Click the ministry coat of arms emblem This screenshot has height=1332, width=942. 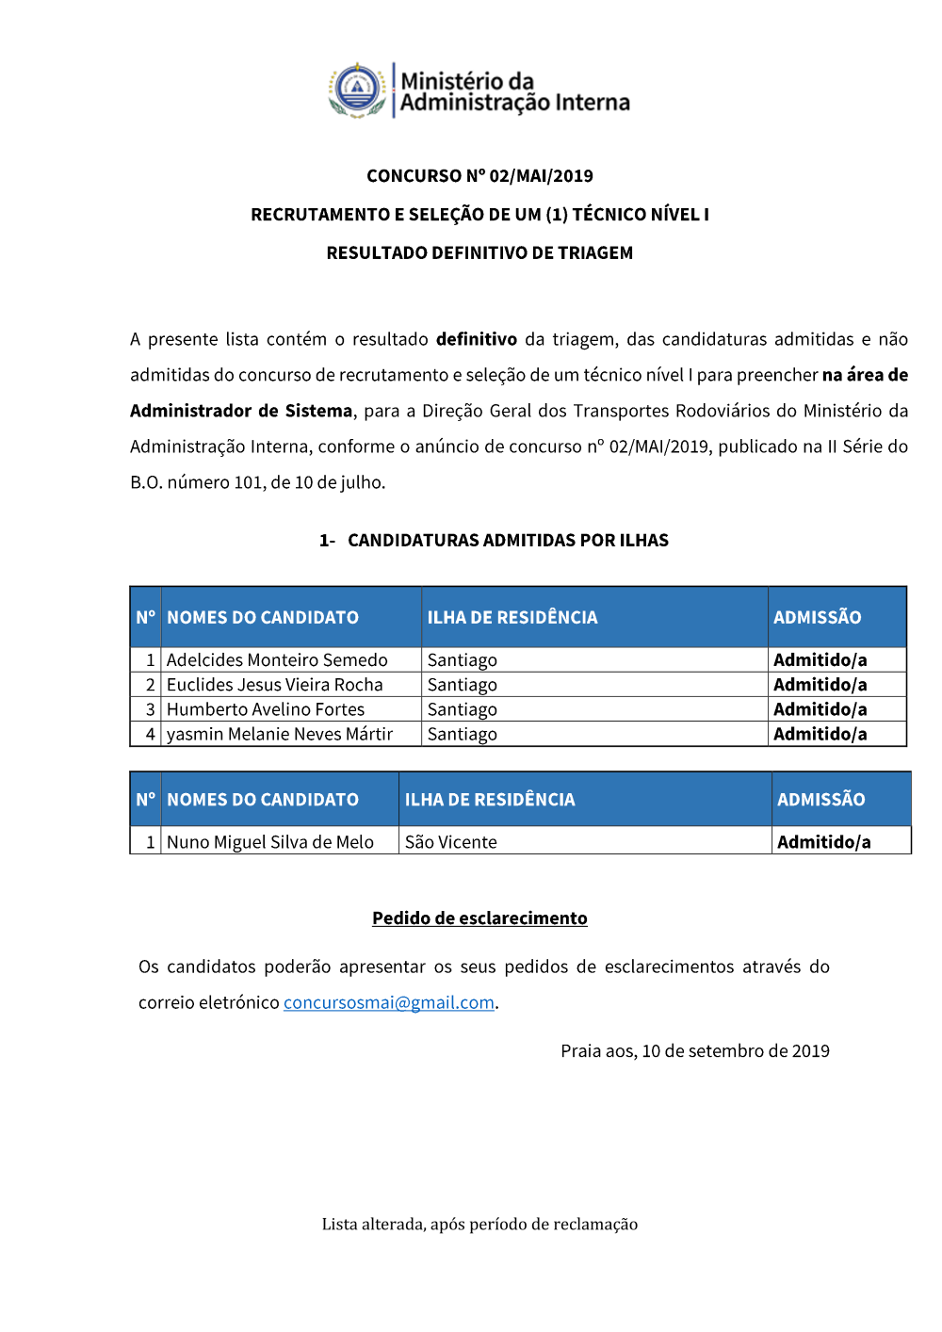(358, 90)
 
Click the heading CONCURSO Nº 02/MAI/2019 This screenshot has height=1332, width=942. (479, 176)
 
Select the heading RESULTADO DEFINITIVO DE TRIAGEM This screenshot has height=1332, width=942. (479, 253)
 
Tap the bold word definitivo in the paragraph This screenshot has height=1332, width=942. (476, 339)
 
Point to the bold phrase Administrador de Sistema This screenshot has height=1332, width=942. (241, 411)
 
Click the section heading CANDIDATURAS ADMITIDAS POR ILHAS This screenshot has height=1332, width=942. (508, 541)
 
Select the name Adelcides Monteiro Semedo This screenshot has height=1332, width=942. (277, 660)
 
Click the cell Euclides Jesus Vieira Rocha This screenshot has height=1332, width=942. (275, 685)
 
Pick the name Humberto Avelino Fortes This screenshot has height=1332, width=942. (266, 709)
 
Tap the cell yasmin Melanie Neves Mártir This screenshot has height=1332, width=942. (280, 734)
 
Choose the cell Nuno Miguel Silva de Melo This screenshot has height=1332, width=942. (270, 842)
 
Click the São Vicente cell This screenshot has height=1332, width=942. (451, 842)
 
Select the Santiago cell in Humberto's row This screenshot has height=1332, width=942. (463, 709)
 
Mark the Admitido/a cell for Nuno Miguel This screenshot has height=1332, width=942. (823, 842)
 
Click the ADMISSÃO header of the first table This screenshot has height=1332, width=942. (818, 618)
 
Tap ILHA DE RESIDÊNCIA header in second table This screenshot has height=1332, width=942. (490, 800)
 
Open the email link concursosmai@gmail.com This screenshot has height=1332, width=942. (389, 1003)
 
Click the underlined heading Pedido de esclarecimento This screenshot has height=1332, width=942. (479, 918)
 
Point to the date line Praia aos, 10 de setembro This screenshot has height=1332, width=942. (695, 1051)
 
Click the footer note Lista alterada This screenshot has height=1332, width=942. (479, 1225)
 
